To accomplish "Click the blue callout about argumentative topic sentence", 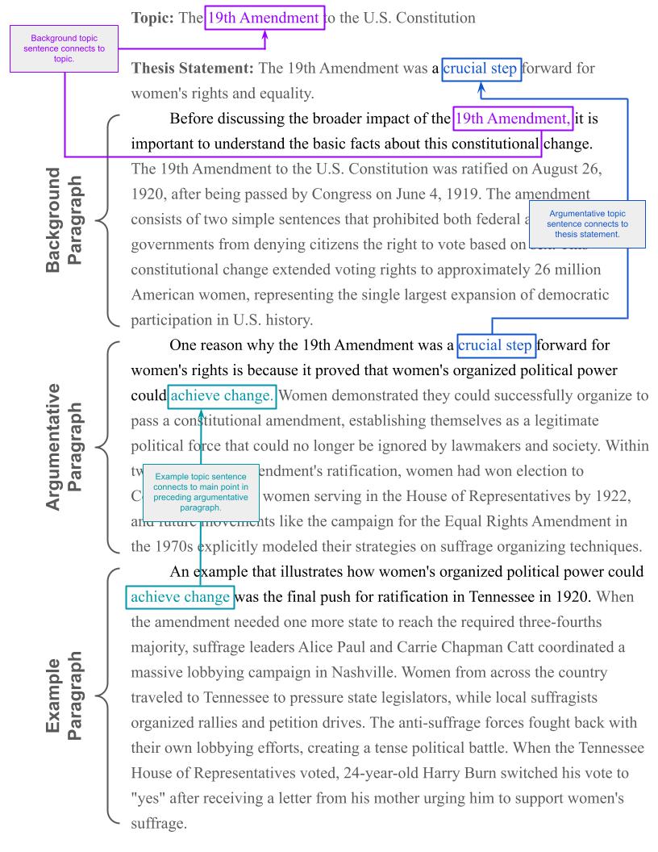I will point(587,223).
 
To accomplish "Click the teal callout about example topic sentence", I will point(201,492).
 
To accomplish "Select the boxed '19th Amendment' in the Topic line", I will point(264,17).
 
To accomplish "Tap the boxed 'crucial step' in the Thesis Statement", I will point(481,69).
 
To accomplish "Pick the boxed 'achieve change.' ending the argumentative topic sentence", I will point(223,395).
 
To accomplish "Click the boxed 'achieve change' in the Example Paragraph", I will point(180,598).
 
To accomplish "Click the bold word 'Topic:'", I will point(153,17).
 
